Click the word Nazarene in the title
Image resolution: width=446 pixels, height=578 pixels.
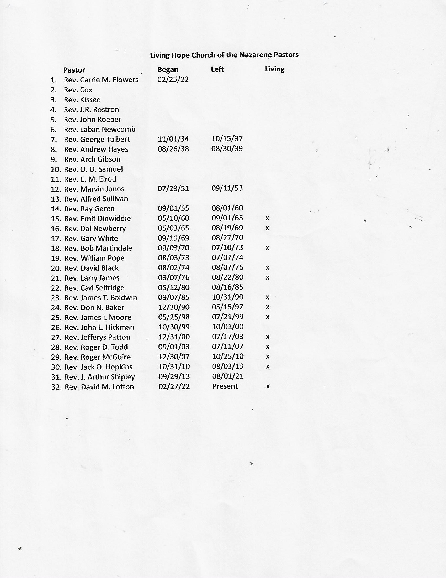point(255,55)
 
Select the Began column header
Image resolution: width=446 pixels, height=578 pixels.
point(168,70)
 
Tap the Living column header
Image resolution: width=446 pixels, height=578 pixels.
point(274,69)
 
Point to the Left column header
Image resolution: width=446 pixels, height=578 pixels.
point(217,69)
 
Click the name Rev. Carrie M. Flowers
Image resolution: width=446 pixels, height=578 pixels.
point(101,80)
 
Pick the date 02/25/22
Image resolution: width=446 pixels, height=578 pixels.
point(173,79)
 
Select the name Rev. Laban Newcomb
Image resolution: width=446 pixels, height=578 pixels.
point(100,130)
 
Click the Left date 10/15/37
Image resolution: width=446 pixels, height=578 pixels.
point(227,138)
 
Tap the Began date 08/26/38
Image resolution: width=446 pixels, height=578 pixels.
point(173,149)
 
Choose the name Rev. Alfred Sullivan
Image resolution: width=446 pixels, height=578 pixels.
point(96,199)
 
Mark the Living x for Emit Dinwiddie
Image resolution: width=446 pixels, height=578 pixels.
point(267,218)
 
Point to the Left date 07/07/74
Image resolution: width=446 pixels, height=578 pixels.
point(227,257)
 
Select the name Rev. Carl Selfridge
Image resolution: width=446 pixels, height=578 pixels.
point(94,288)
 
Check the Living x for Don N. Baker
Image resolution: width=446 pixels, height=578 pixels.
point(267,307)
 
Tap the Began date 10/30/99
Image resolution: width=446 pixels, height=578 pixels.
point(174,327)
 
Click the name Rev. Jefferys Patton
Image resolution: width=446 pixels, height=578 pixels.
point(98,337)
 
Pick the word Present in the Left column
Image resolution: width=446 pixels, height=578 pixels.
point(225,386)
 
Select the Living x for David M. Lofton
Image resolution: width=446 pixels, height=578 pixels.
point(268,386)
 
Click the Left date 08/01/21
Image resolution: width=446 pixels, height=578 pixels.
point(228,376)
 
